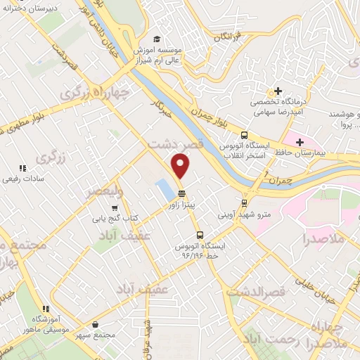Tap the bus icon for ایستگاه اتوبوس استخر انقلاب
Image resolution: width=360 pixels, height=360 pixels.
pyautogui.click(x=244, y=136)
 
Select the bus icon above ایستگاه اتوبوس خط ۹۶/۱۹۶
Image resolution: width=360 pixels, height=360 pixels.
pyautogui.click(x=200, y=236)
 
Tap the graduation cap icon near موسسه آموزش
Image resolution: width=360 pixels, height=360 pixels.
pyautogui.click(x=157, y=39)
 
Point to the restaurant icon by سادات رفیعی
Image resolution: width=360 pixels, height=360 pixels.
pyautogui.click(x=22, y=168)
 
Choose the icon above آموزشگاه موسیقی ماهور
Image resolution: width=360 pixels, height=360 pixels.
pyautogui.click(x=46, y=308)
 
